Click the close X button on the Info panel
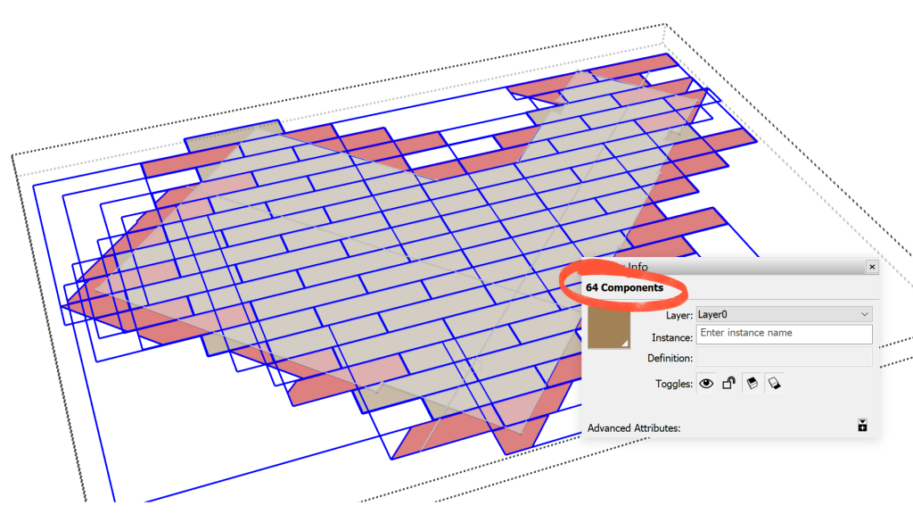tap(872, 267)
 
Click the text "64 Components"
tap(624, 287)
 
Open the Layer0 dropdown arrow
tap(865, 314)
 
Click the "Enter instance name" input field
tap(785, 334)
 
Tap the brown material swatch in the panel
tap(608, 327)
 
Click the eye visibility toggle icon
tap(706, 383)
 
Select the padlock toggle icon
tap(728, 383)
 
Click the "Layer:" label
tap(679, 315)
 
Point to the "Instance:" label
tap(672, 338)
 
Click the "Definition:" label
tap(670, 359)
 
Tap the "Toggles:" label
tap(674, 384)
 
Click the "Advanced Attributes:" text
tap(634, 427)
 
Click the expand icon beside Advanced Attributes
tap(862, 426)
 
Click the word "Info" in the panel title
tap(637, 267)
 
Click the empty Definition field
tap(785, 357)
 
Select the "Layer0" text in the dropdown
tap(712, 315)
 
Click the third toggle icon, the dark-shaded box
tap(752, 383)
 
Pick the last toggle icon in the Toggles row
tap(774, 383)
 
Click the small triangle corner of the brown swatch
tap(625, 344)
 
